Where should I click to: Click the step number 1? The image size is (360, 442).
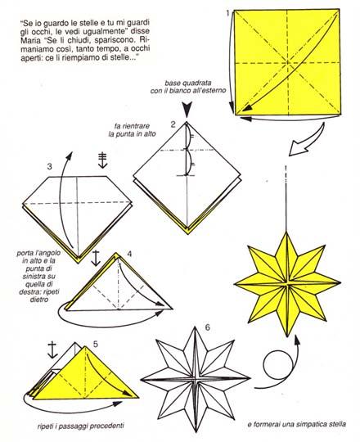[x=227, y=13]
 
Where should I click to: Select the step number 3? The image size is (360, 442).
[x=50, y=167]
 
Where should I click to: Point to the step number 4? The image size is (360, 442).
[x=129, y=254]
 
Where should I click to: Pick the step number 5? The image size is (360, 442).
[x=96, y=344]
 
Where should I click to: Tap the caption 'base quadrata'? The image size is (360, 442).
[x=188, y=83]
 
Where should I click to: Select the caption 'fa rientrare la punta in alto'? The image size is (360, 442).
[x=133, y=129]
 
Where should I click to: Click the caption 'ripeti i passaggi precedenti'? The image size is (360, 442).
[x=80, y=426]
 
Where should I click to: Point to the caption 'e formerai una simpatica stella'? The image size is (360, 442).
[x=297, y=424]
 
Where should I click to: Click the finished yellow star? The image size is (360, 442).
[x=287, y=284]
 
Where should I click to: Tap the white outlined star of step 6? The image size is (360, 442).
[x=195, y=379]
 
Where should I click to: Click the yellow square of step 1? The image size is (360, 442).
[x=287, y=62]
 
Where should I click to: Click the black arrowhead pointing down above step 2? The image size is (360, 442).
[x=187, y=110]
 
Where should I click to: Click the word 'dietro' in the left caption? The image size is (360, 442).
[x=39, y=300]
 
